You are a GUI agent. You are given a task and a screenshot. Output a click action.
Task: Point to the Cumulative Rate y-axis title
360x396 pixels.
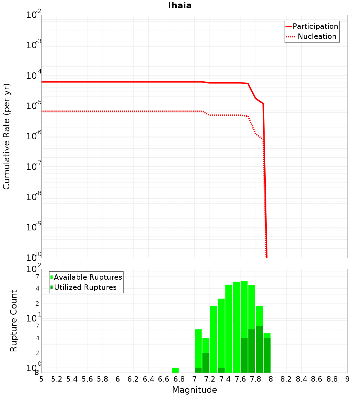coord(6,136)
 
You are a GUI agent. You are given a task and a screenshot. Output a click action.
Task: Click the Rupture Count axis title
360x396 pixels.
coord(14,321)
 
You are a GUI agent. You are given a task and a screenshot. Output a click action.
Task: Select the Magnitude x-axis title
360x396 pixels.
coord(194,390)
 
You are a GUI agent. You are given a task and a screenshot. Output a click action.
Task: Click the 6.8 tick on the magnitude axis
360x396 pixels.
coord(179,379)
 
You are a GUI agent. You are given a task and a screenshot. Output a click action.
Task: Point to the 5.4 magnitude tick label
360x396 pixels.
coord(72,379)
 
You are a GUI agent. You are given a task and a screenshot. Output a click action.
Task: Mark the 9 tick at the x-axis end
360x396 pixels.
coord(347,379)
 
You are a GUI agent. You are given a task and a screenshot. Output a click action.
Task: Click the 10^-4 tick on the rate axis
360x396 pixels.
coord(34,76)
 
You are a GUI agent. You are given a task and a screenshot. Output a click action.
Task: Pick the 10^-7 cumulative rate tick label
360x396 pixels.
coord(34,167)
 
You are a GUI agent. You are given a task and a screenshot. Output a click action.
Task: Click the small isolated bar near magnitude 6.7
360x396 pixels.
coord(175,370)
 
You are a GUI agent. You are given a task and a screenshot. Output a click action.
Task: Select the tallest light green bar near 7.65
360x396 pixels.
coord(244,310)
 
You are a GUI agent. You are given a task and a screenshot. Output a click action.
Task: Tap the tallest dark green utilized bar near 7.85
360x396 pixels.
coord(259,349)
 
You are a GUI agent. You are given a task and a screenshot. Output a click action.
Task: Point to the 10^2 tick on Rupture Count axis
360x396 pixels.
coord(34,270)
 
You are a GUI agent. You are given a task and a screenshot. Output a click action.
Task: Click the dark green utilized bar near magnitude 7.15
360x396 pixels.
coord(206,363)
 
